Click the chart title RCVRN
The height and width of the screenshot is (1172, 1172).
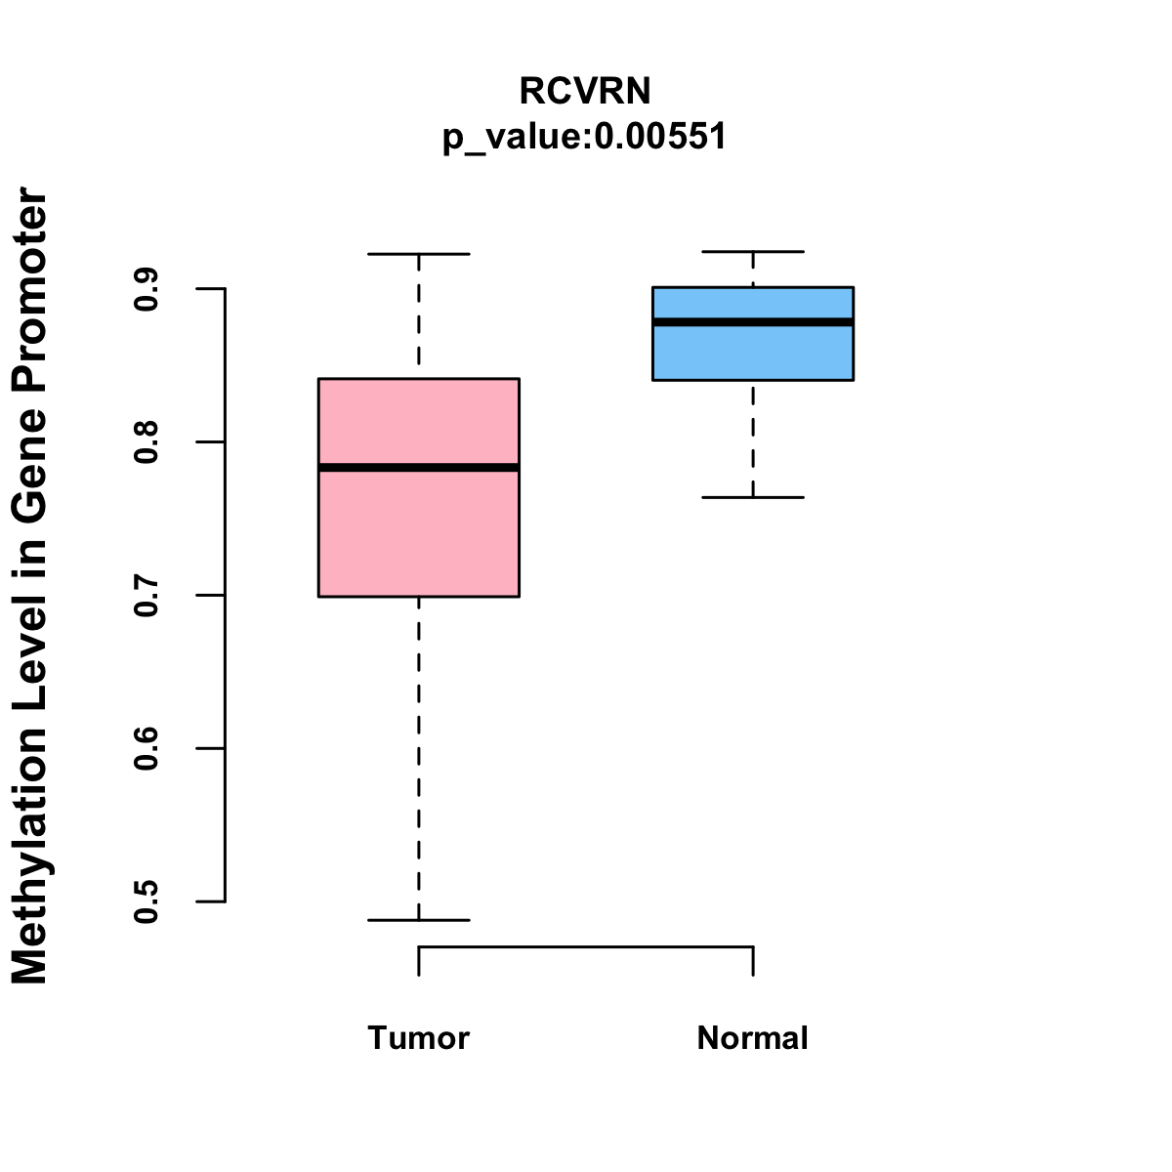pyautogui.click(x=584, y=91)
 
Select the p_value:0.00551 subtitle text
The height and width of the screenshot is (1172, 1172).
pyautogui.click(x=584, y=137)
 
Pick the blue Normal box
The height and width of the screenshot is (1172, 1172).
pyautogui.click(x=753, y=352)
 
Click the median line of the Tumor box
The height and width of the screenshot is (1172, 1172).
pyautogui.click(x=419, y=468)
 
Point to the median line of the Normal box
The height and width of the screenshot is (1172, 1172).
pyautogui.click(x=753, y=321)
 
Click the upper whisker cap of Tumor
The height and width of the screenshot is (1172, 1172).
pyautogui.click(x=419, y=254)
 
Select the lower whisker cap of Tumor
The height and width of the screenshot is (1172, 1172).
pyautogui.click(x=419, y=920)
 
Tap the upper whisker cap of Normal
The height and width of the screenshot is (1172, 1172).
pyautogui.click(x=753, y=252)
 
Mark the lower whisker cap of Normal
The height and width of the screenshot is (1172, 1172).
pyautogui.click(x=753, y=497)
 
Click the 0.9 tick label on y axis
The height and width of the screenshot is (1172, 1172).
pyautogui.click(x=146, y=289)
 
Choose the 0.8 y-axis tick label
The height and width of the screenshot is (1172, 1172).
pyautogui.click(x=146, y=442)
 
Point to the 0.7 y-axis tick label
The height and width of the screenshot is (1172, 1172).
pyautogui.click(x=146, y=596)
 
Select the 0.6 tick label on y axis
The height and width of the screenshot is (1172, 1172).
pyautogui.click(x=146, y=749)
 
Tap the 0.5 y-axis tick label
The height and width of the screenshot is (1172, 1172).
pyautogui.click(x=146, y=901)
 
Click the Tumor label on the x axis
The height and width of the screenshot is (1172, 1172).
pyautogui.click(x=419, y=1038)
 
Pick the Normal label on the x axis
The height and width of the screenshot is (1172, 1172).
pyautogui.click(x=753, y=1038)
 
